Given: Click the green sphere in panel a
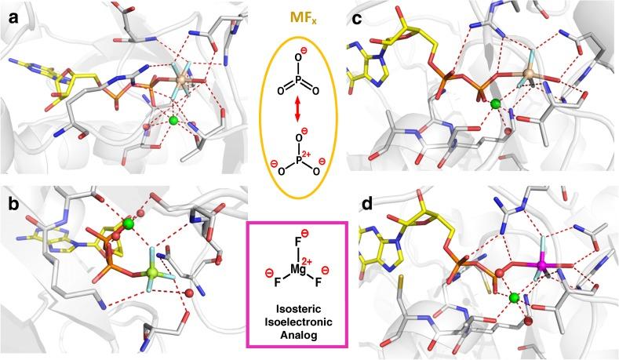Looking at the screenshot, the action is click(x=173, y=120).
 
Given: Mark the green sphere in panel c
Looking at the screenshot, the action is click(x=494, y=104).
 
